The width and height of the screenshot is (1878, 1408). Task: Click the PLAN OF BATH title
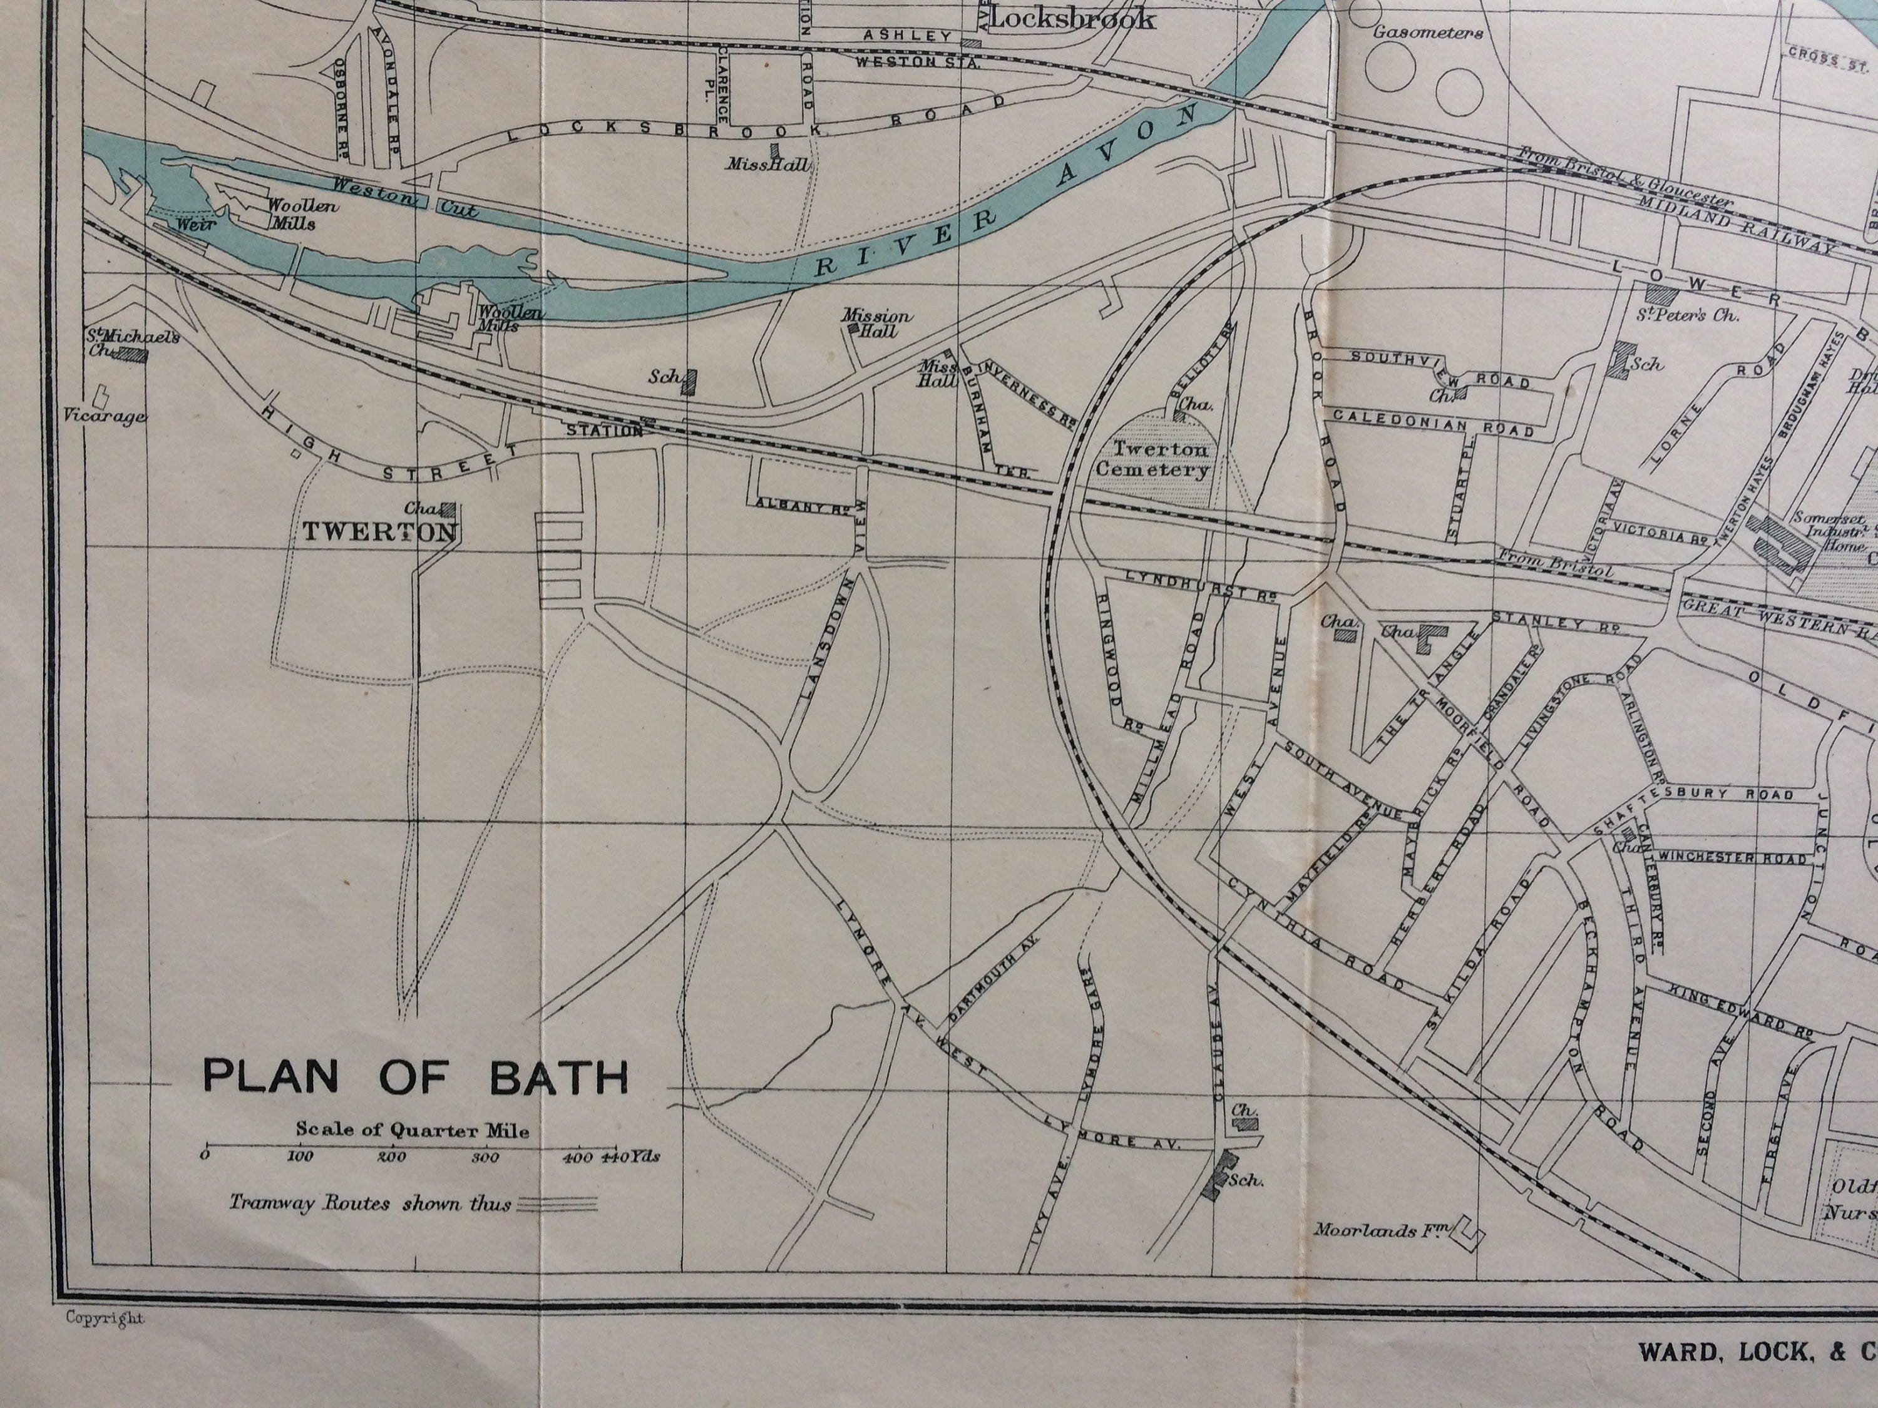pos(415,1077)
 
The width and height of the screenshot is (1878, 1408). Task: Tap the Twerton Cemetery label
pos(1152,459)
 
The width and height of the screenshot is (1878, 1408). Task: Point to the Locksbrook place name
pos(1072,19)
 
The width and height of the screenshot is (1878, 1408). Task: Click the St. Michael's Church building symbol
pos(133,355)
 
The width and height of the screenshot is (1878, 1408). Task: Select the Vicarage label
pos(105,417)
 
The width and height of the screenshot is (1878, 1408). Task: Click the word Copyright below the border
pos(105,1342)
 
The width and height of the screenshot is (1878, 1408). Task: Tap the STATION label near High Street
pos(605,431)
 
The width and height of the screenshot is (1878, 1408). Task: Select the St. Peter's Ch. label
pos(1686,315)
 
